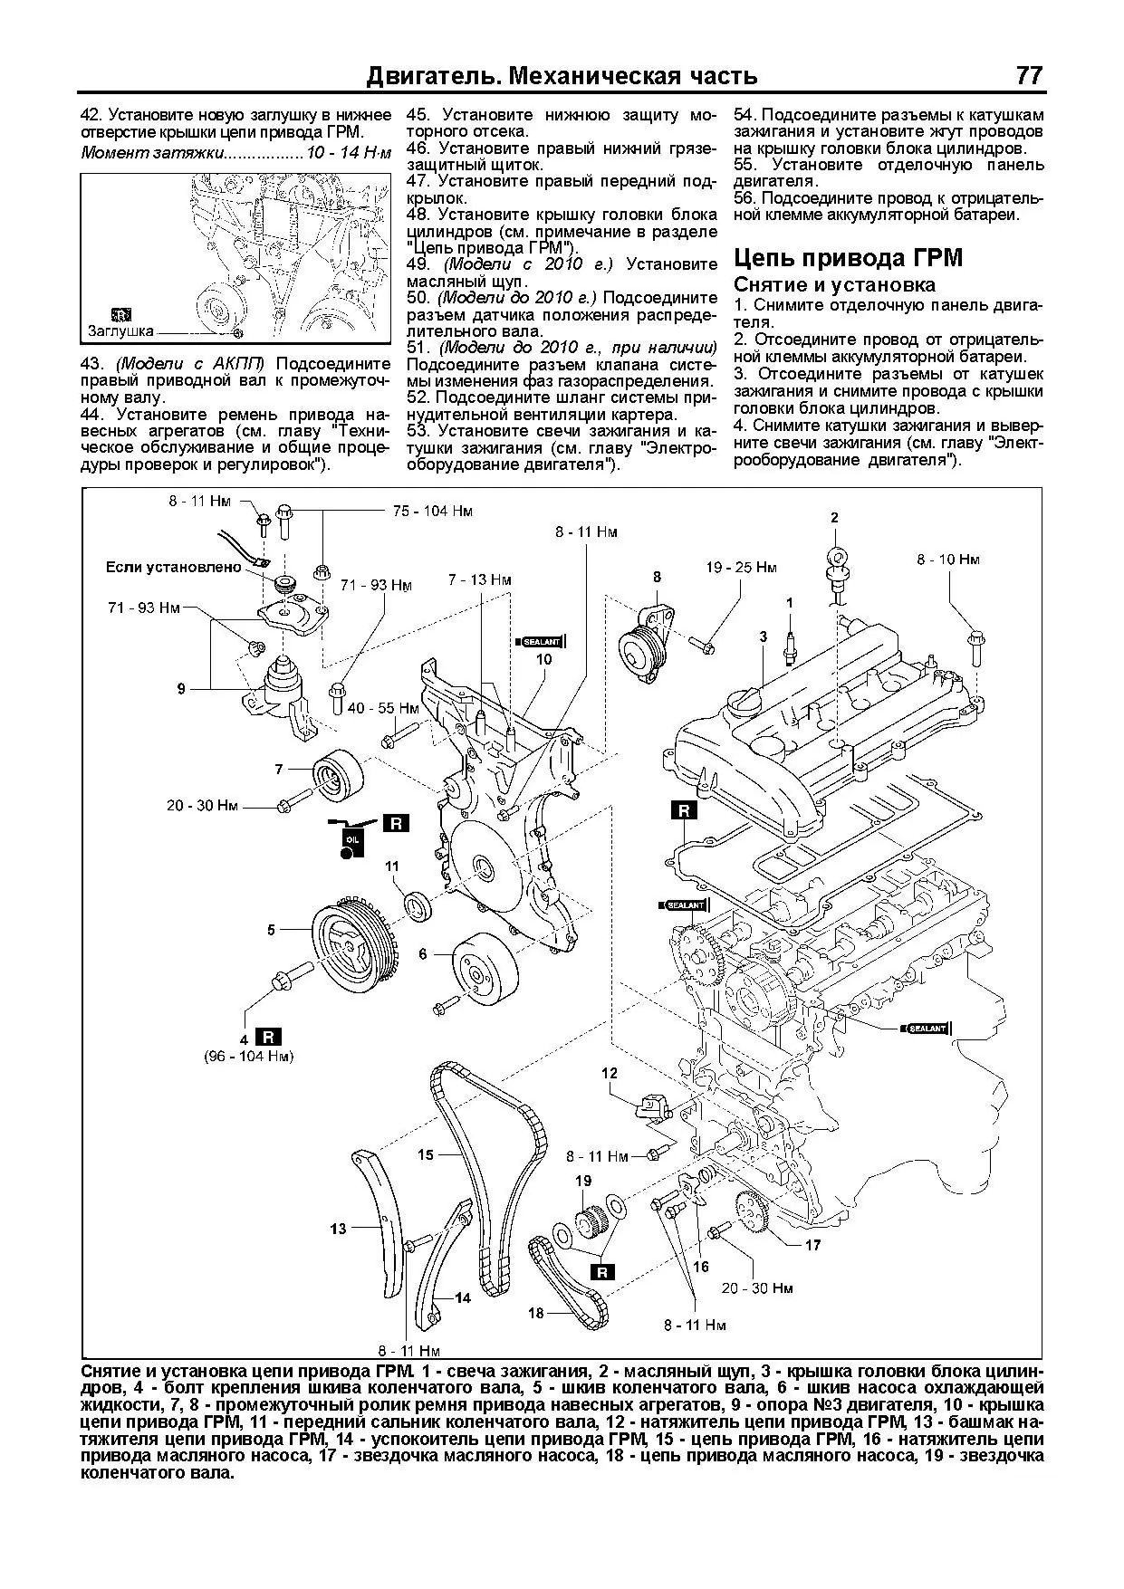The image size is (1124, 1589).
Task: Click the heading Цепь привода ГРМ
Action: (x=848, y=258)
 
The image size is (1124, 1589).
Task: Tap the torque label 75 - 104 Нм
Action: (x=433, y=511)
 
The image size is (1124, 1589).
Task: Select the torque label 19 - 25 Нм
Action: (x=741, y=568)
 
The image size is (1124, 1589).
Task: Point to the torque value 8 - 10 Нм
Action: (x=947, y=560)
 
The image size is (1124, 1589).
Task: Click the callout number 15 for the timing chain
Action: (x=426, y=1154)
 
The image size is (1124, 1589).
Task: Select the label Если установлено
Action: (x=174, y=568)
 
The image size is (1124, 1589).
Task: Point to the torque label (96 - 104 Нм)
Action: (x=248, y=1056)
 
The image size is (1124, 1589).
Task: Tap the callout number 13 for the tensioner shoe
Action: (x=338, y=1229)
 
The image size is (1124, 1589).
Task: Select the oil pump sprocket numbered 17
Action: (x=754, y=1213)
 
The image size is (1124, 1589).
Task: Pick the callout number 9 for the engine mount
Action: (x=181, y=689)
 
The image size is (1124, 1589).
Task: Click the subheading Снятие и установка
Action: (x=834, y=284)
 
